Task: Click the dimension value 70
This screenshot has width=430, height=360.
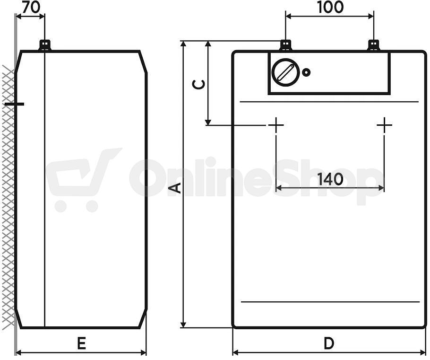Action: tap(31, 8)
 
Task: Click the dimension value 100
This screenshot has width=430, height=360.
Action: tap(330, 8)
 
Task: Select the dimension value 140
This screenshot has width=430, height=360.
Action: tap(330, 179)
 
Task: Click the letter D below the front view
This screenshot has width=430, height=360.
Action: tap(329, 343)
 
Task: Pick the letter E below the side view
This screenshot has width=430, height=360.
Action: tap(81, 343)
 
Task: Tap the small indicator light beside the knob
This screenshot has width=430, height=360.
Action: tap(306, 72)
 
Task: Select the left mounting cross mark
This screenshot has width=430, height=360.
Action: tap(276, 125)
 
